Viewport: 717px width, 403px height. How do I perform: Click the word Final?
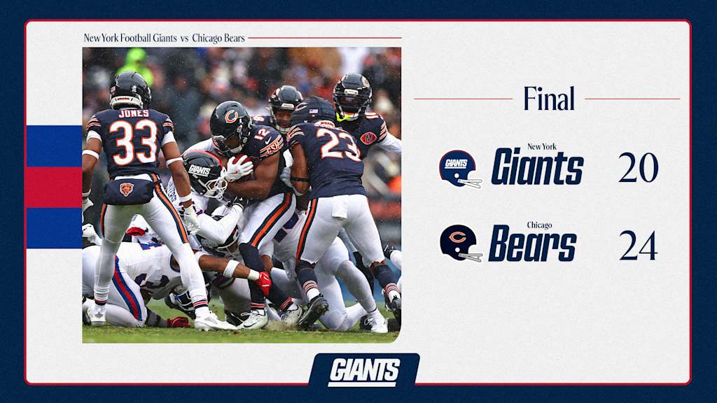(549, 98)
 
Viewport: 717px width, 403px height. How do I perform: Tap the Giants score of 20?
(638, 168)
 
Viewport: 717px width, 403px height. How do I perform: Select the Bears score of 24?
(639, 246)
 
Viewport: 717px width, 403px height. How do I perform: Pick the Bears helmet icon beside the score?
(461, 243)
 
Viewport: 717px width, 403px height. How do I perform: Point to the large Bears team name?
(533, 243)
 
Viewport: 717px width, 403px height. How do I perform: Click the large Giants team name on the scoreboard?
(537, 167)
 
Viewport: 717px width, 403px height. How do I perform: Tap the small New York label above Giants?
(542, 147)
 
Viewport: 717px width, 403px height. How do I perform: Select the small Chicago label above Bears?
(540, 225)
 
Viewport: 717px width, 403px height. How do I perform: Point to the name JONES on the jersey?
(134, 113)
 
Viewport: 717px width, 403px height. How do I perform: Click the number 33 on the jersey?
(132, 142)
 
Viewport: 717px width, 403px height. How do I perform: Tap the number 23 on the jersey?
(338, 143)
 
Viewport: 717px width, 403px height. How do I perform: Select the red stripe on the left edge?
(54, 188)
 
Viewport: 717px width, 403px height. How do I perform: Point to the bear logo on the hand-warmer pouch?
(127, 189)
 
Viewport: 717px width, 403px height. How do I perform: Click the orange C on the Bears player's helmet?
(231, 117)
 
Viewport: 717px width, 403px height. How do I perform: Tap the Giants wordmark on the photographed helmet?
(200, 171)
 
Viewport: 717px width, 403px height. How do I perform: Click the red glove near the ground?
(263, 283)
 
